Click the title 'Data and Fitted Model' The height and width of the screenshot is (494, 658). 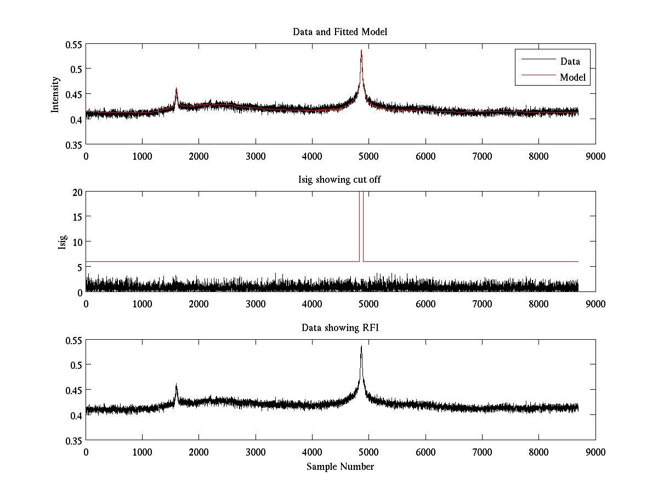(340, 32)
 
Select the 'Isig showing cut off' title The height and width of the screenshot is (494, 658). (340, 179)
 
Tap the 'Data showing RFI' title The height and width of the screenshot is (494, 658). (340, 328)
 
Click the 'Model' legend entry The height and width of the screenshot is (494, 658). (573, 77)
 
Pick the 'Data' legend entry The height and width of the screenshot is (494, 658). (570, 61)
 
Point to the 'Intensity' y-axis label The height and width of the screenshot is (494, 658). (55, 94)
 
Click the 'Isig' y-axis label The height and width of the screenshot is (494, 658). (62, 242)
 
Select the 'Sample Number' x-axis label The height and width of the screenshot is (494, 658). (340, 467)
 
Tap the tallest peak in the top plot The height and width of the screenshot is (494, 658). (361, 51)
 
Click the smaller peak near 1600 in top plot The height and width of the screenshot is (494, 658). (176, 88)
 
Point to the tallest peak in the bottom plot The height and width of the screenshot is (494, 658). (361, 347)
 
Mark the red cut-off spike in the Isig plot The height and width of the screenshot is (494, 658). (361, 220)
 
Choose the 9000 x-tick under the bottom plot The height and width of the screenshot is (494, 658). (595, 452)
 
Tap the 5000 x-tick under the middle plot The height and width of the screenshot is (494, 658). (368, 304)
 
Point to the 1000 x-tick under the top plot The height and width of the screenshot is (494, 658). (142, 156)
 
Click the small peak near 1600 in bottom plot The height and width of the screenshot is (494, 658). (176, 385)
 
